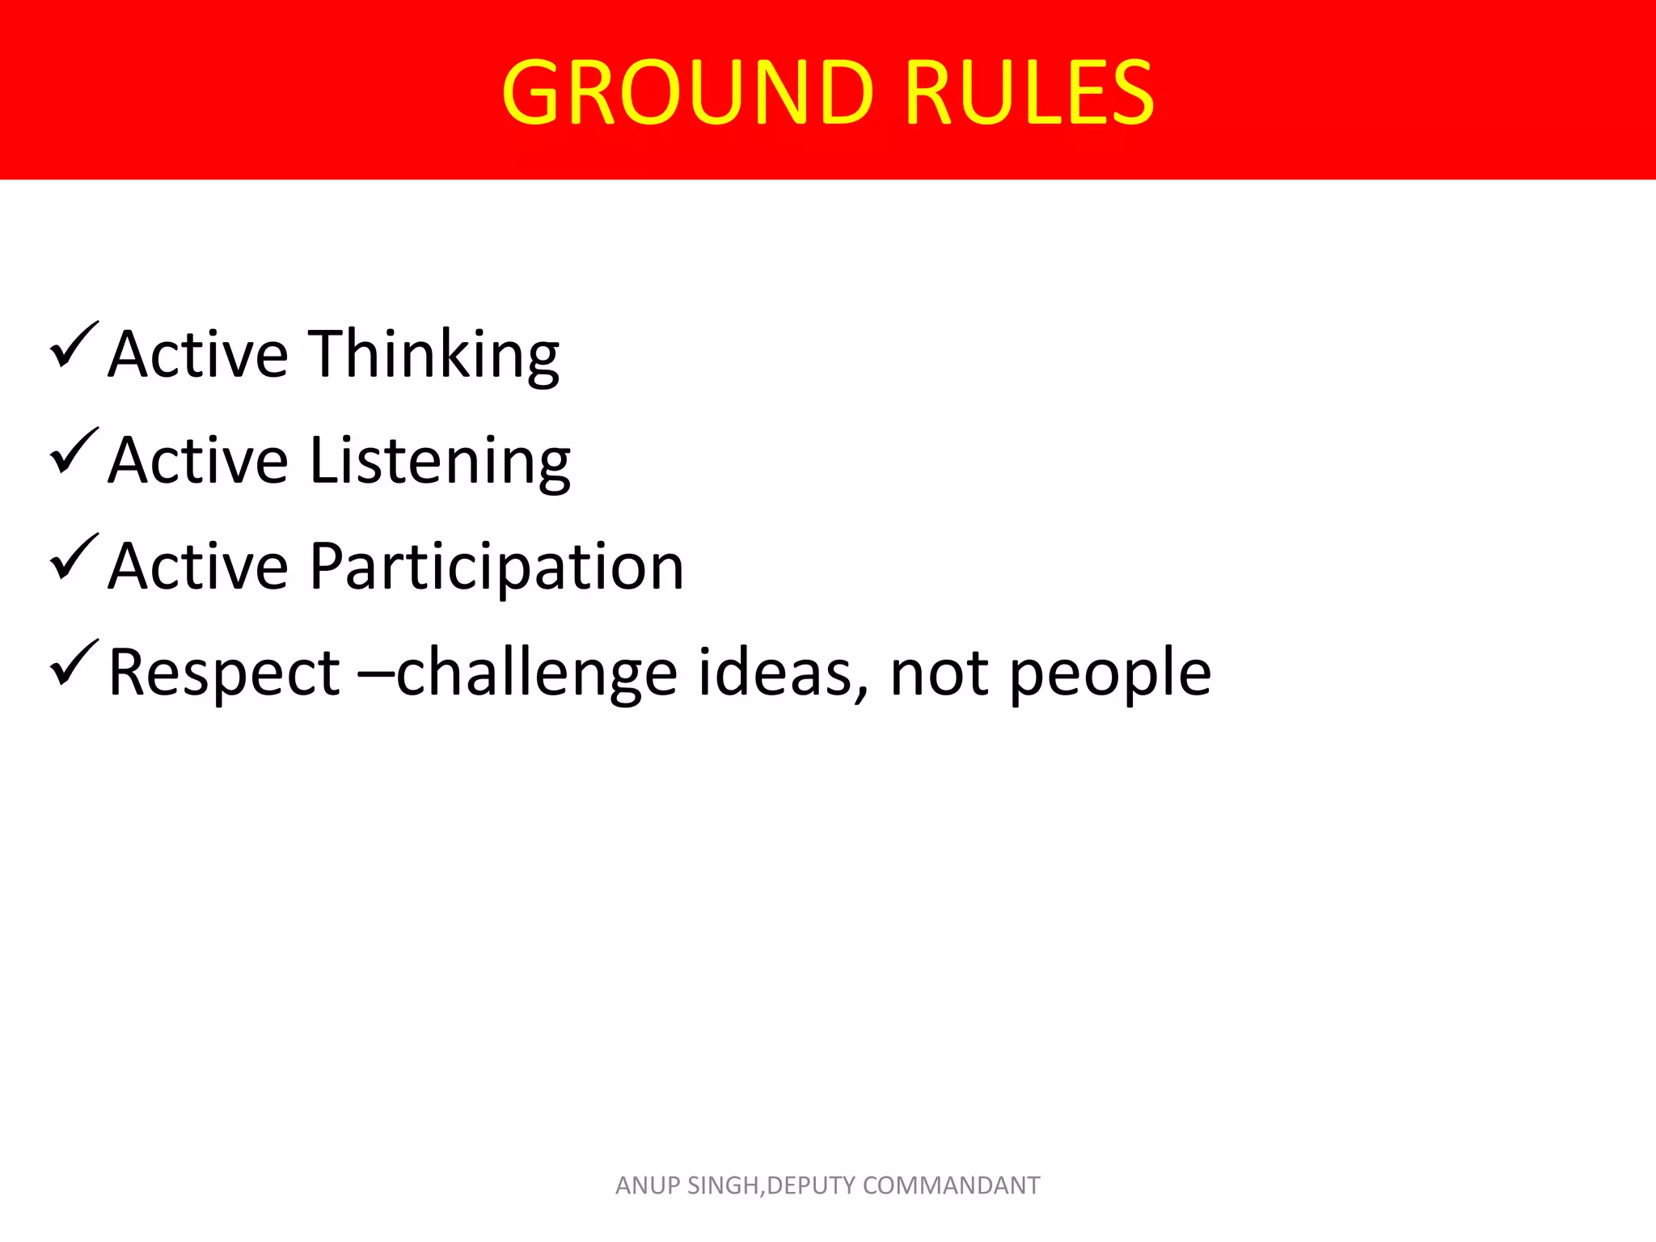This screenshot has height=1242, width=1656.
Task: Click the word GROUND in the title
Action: pyautogui.click(x=688, y=92)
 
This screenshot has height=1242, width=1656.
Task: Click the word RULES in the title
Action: pyautogui.click(x=1029, y=92)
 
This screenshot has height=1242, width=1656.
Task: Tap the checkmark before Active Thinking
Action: pyautogui.click(x=74, y=345)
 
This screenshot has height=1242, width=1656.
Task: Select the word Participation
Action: pyautogui.click(x=496, y=568)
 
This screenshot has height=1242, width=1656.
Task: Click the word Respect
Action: pyautogui.click(x=224, y=674)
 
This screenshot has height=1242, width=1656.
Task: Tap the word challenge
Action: pyautogui.click(x=536, y=674)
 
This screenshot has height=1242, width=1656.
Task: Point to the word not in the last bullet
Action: pyautogui.click(x=939, y=674)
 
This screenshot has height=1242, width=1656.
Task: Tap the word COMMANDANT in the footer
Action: pyautogui.click(x=951, y=1185)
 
